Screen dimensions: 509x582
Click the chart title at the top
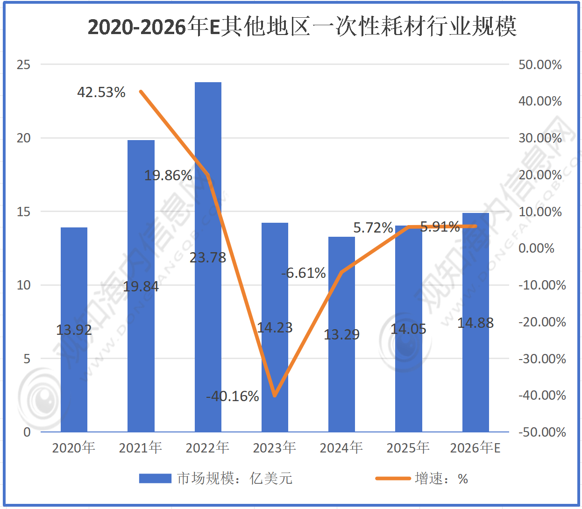302,26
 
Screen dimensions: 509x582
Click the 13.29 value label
341,334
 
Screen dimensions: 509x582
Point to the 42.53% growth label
101,92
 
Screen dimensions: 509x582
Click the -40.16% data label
233,396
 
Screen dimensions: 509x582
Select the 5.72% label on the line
373,227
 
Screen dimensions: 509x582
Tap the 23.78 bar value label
208,257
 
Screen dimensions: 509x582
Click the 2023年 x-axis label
274,448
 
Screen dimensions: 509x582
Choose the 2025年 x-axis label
408,448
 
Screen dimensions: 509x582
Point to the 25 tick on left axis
23,64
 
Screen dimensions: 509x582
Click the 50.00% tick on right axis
540,64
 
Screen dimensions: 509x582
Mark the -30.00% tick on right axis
542,359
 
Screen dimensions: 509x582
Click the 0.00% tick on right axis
536,248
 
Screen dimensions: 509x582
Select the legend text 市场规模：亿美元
234,478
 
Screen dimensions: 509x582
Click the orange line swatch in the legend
393,478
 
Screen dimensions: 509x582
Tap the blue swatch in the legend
155,478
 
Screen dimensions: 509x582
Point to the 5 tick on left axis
27,359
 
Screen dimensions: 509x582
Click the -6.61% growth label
304,273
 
